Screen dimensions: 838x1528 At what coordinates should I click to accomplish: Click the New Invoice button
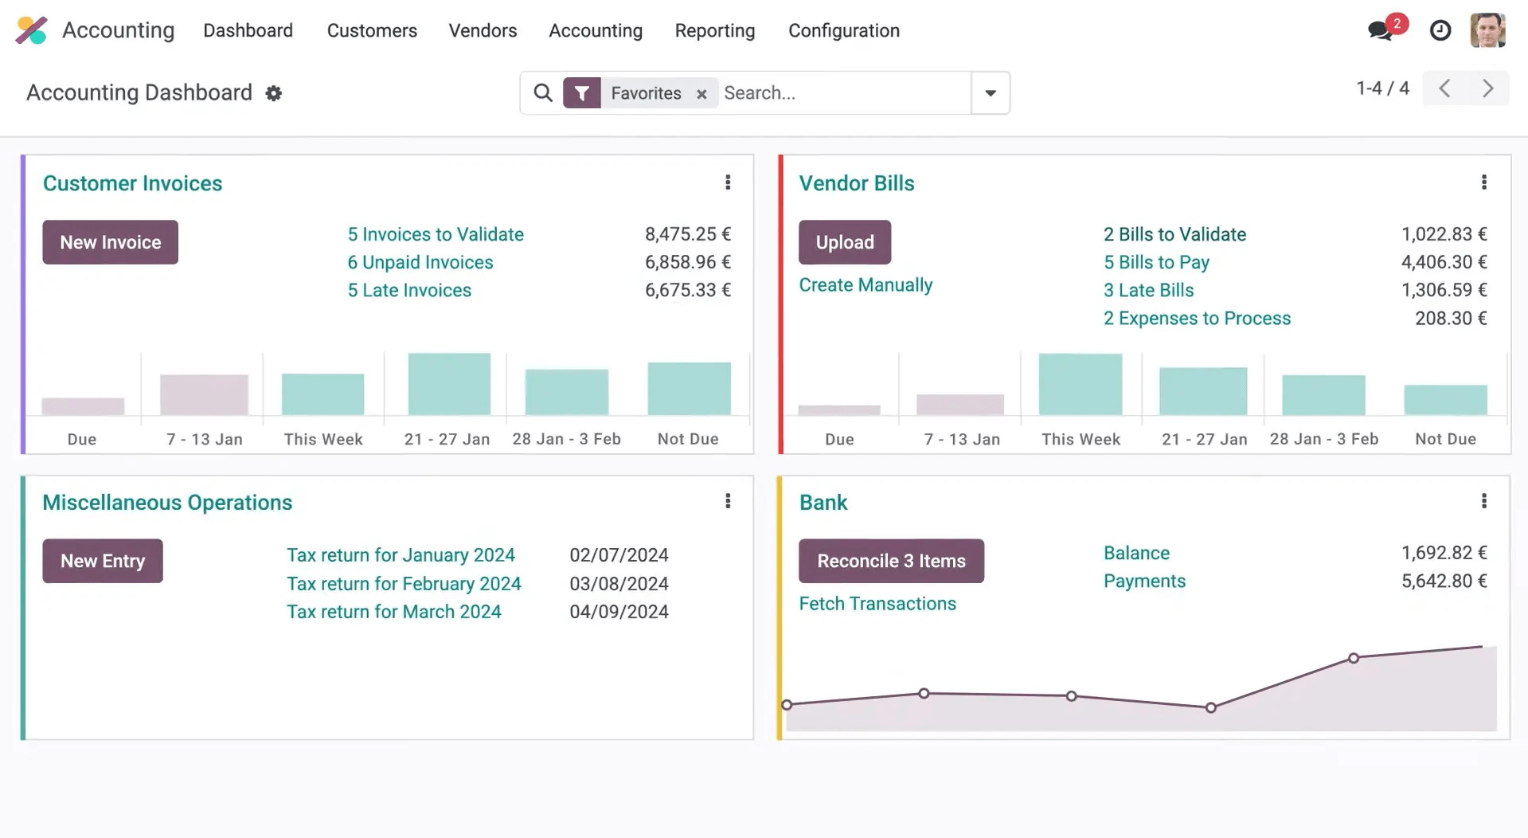[x=110, y=242]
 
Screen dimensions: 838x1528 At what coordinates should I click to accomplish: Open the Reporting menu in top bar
[x=714, y=30]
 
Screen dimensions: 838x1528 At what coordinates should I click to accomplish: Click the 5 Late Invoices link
[x=409, y=290]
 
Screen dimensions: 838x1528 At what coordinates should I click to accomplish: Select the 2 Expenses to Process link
[x=1196, y=318]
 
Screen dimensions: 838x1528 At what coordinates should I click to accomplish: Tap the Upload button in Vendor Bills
[x=844, y=242]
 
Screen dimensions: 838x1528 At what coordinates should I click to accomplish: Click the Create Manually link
[x=865, y=285]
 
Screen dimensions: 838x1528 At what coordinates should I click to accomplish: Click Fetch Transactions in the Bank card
[x=877, y=604]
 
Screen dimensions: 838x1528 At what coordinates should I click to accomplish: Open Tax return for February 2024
[x=404, y=583]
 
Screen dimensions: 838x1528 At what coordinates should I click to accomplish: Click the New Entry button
[x=103, y=561]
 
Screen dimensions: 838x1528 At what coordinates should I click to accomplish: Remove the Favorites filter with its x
[x=701, y=94]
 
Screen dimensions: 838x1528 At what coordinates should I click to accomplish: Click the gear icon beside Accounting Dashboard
[x=274, y=93]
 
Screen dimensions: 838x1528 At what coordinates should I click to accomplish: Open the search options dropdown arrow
[x=990, y=93]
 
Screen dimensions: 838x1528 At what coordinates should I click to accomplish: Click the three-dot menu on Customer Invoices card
[x=727, y=182]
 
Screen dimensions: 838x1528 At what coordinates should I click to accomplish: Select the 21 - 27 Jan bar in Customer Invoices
[x=448, y=384]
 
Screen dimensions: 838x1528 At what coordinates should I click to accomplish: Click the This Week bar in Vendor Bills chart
[x=1080, y=385]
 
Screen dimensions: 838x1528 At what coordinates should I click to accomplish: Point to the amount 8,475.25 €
[x=687, y=234]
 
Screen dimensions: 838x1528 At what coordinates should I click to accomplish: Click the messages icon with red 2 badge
[x=1381, y=30]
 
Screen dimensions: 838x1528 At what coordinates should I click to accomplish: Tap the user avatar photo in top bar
[x=1487, y=30]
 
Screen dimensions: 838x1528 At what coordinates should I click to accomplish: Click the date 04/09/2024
[x=618, y=612]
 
